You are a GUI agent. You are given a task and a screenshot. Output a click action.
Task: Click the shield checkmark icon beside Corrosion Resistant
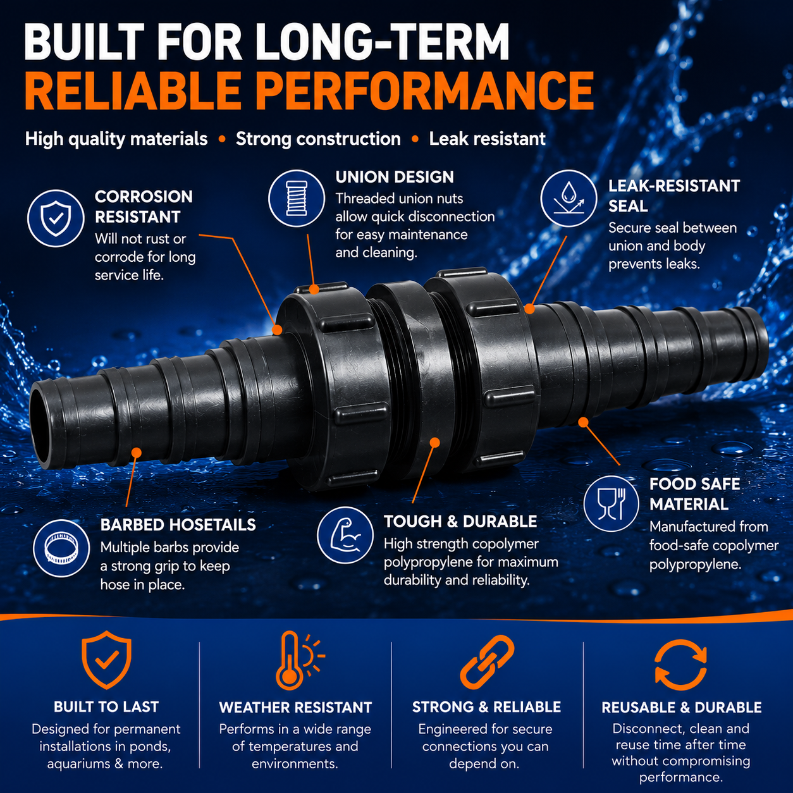56,218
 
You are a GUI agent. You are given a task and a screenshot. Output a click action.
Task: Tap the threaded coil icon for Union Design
297,199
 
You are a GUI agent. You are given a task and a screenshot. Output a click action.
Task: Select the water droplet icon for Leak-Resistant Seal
569,199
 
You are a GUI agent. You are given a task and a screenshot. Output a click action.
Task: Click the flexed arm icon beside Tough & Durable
345,535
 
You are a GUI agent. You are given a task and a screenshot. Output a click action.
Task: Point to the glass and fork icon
611,504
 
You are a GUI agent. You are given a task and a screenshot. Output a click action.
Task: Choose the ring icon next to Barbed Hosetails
61,548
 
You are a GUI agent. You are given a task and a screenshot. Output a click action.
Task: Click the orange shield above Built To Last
106,660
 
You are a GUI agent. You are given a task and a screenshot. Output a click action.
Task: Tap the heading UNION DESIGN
394,177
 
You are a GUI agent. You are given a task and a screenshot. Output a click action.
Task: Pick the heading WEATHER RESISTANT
295,708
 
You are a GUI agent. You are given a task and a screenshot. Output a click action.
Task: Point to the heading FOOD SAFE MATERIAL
694,494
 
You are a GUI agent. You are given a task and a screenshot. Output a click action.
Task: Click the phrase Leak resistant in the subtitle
487,139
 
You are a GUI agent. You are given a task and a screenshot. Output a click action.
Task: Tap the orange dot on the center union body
434,443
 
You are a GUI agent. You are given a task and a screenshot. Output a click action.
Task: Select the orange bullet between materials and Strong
222,140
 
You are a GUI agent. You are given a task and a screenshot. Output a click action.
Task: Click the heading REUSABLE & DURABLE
682,708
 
